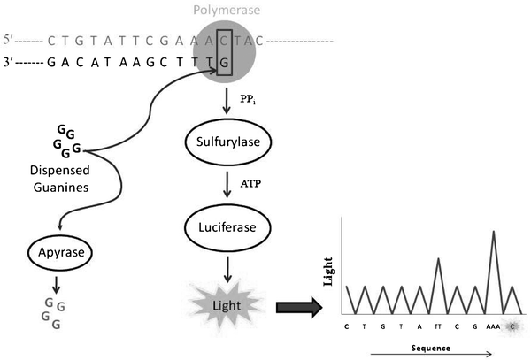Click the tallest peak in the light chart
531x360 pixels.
(x=491, y=232)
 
